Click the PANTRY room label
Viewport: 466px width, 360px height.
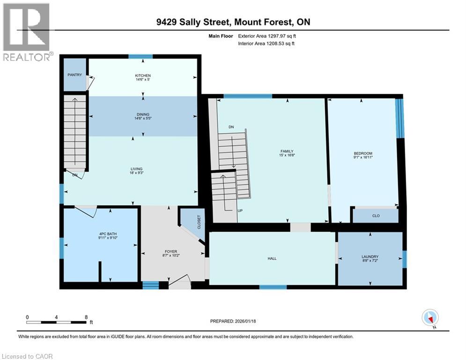(x=74, y=75)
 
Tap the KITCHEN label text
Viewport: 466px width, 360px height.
(x=143, y=75)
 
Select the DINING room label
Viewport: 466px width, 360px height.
(x=143, y=114)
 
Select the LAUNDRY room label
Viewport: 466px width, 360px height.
(x=370, y=256)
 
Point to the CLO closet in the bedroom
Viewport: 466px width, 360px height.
(x=376, y=216)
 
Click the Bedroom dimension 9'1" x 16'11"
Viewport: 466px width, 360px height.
(x=363, y=158)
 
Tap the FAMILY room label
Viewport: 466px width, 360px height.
(x=287, y=151)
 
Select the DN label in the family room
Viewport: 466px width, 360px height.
(x=231, y=127)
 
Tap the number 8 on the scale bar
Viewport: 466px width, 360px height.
(x=86, y=317)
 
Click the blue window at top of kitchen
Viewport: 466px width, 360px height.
(x=141, y=57)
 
